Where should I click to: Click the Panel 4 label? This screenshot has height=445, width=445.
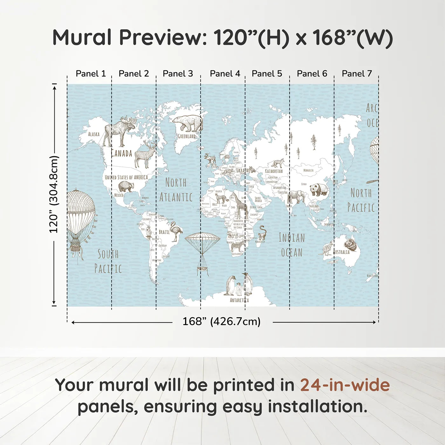(x=225, y=74)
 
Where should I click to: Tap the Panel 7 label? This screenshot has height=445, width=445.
(x=357, y=74)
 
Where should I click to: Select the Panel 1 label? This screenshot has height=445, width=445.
(x=91, y=74)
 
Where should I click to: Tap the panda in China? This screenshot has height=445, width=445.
(x=319, y=189)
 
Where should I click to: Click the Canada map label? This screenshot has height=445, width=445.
(x=121, y=154)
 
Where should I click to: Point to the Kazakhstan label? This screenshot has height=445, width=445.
(x=274, y=171)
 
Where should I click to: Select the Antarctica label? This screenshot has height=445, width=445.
(x=239, y=300)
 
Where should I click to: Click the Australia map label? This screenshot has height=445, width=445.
(x=342, y=252)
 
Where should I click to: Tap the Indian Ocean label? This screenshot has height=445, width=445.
(x=292, y=245)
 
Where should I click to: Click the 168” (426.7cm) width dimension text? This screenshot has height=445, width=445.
(x=222, y=321)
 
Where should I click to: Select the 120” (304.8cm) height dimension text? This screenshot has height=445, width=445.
(x=54, y=194)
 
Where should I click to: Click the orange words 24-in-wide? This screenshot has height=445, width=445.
(x=345, y=385)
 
